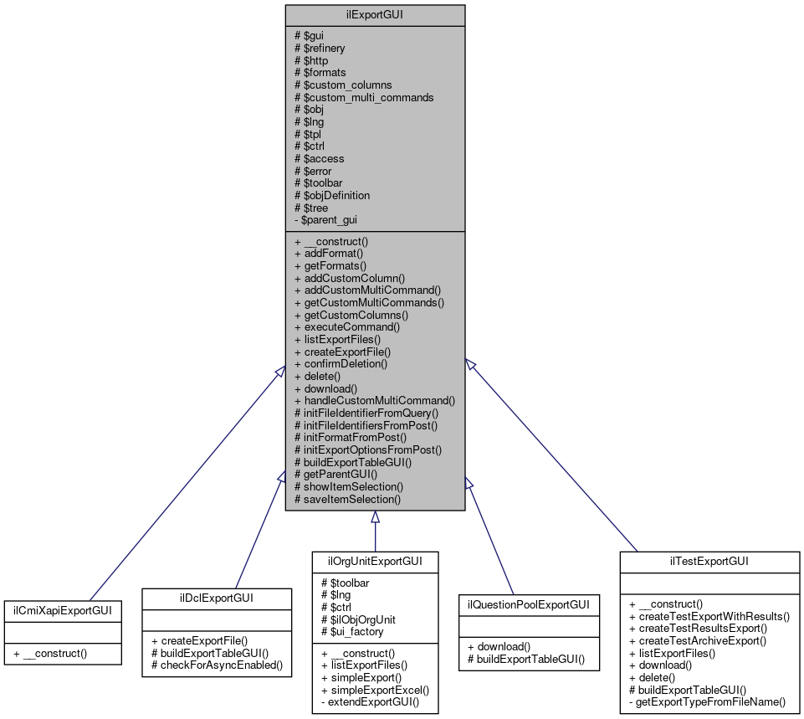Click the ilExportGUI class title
coord(375,14)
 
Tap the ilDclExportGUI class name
coord(218,598)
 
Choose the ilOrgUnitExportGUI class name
coord(375,561)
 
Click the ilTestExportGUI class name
coord(709,561)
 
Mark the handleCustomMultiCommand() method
coord(375,401)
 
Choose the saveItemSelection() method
coord(348,499)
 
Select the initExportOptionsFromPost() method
coord(368,449)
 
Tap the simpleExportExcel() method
coord(375,690)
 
